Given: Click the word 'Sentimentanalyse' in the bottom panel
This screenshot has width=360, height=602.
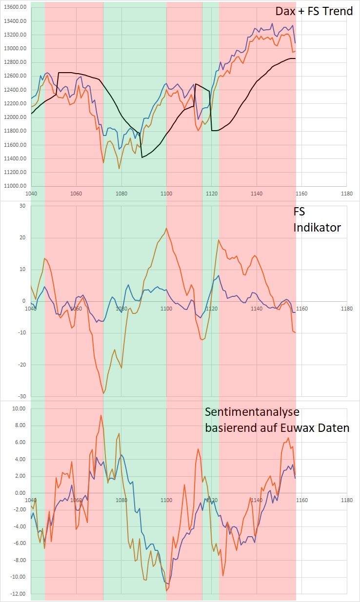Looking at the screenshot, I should pyautogui.click(x=252, y=412).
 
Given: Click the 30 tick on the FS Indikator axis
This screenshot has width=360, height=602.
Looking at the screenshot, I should pyautogui.click(x=21, y=206).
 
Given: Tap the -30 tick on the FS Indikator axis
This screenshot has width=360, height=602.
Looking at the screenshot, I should pyautogui.click(x=20, y=397).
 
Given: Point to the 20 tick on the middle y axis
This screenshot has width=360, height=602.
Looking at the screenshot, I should pyautogui.click(x=21, y=238).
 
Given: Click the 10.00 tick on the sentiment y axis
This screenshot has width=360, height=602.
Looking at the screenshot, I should pyautogui.click(x=18, y=408).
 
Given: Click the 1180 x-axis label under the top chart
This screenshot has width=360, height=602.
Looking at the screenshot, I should pyautogui.click(x=347, y=193).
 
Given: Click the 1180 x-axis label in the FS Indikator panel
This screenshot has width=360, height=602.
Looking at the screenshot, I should pyautogui.click(x=347, y=309).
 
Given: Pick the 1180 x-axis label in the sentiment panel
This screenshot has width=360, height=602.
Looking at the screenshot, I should pyautogui.click(x=347, y=500).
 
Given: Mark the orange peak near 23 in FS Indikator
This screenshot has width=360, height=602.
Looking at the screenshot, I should pyautogui.click(x=166, y=228).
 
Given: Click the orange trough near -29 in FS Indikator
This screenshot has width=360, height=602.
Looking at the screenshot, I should pyautogui.click(x=103, y=393).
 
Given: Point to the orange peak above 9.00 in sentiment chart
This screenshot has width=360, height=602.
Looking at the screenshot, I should pyautogui.click(x=101, y=415).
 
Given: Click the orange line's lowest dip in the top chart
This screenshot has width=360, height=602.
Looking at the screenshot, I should pyautogui.click(x=120, y=169).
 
